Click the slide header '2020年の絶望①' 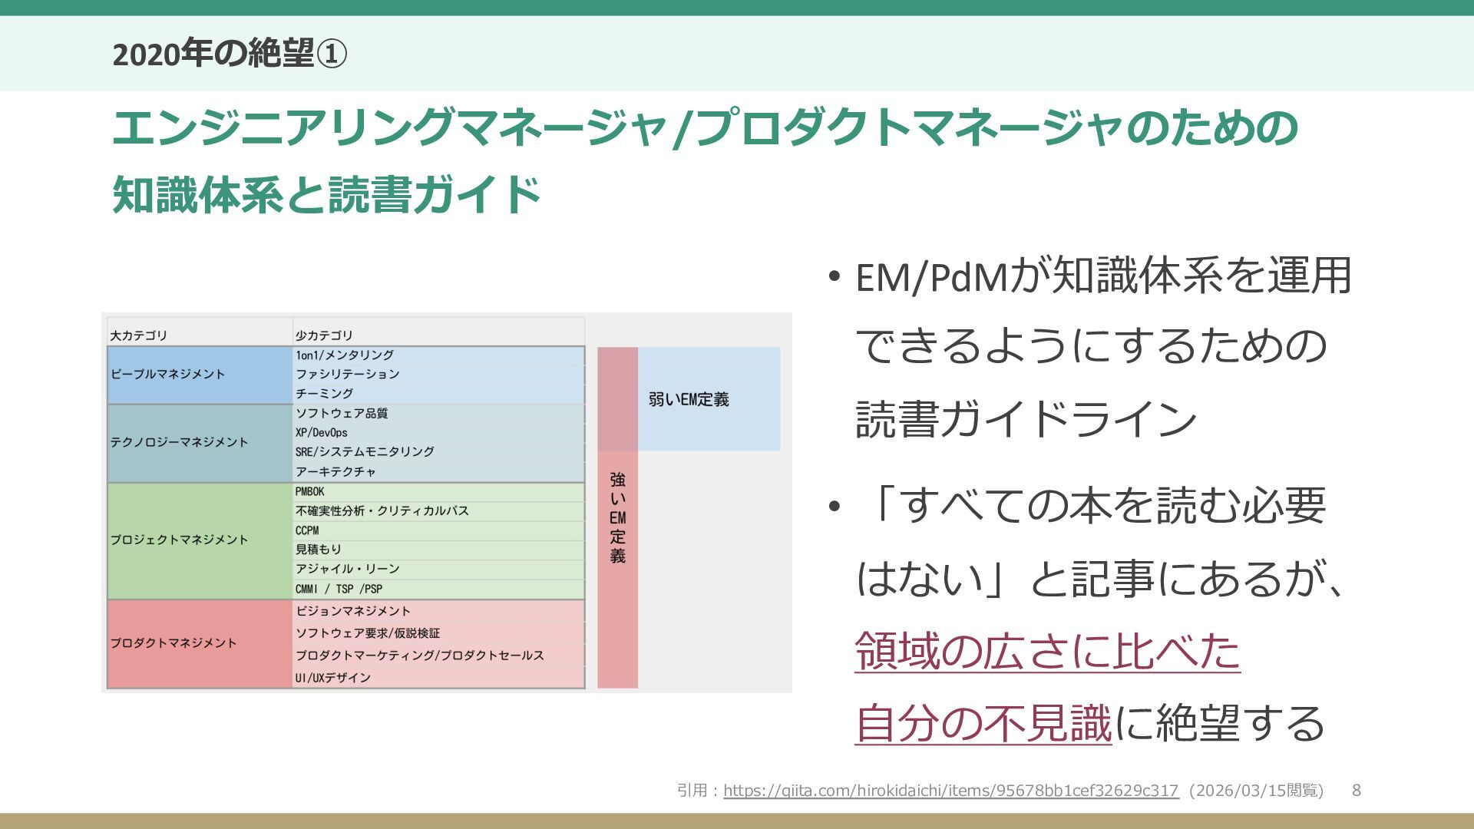pos(229,54)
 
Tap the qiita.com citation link pos(950,791)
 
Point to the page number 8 pos(1357,791)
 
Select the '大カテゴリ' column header pos(139,335)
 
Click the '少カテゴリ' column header pos(324,335)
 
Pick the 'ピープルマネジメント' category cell pos(168,375)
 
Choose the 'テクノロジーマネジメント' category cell pos(180,442)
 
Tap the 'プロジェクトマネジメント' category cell pos(180,540)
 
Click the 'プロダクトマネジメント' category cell pos(174,643)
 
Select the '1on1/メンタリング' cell pos(345,355)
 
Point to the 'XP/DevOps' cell pos(322,433)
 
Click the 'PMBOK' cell pos(310,491)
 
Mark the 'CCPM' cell pos(307,530)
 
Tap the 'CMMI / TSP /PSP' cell pos(339,589)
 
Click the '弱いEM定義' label pos(689,400)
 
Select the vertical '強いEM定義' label pos(618,518)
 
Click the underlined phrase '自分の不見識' pos(983,724)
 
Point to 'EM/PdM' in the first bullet pos(930,278)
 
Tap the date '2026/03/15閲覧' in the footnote pos(1256,791)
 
